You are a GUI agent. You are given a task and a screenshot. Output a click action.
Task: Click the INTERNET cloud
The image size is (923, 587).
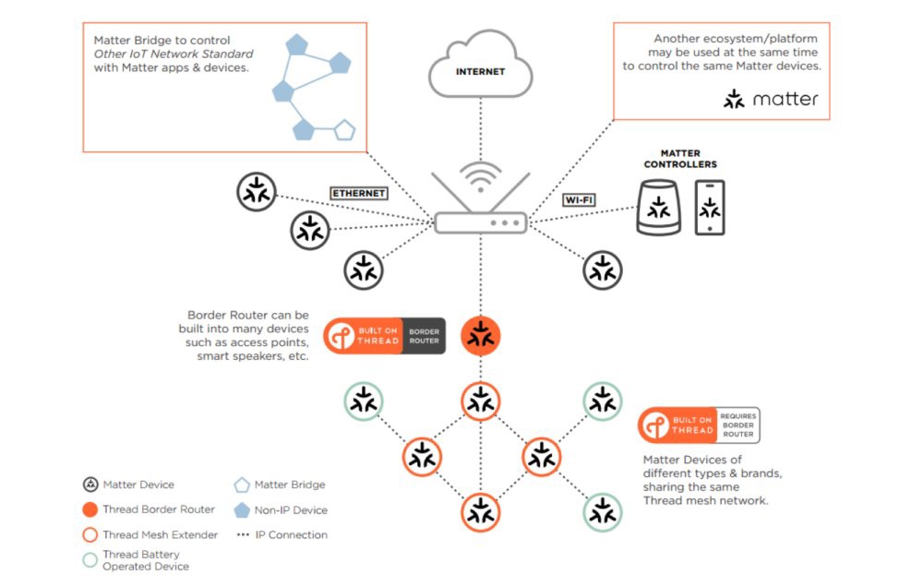[480, 67]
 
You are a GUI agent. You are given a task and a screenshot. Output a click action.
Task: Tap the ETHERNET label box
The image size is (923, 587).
[358, 194]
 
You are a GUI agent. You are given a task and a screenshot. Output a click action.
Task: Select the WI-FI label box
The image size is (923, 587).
[578, 199]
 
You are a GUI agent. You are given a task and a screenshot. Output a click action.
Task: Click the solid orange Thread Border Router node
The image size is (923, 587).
[480, 337]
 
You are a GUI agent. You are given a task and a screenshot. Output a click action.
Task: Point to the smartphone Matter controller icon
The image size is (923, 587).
[710, 208]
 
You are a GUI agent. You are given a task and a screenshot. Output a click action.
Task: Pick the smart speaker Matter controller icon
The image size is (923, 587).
[659, 207]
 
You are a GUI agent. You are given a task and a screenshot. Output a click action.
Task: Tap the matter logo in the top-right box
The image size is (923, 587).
[771, 99]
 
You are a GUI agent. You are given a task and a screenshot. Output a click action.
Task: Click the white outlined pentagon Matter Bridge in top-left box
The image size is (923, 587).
[343, 130]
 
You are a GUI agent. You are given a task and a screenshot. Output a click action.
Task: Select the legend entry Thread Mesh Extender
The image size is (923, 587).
[150, 534]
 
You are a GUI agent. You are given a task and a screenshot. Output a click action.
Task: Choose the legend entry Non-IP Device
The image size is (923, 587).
[281, 509]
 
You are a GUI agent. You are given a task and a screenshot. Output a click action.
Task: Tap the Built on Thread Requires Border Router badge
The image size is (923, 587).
[699, 425]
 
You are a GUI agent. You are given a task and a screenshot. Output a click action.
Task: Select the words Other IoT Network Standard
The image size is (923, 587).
[174, 54]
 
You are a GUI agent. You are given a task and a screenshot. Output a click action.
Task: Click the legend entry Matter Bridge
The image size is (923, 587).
[279, 485]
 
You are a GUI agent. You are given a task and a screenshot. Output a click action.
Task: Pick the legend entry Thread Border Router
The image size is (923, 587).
[148, 509]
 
